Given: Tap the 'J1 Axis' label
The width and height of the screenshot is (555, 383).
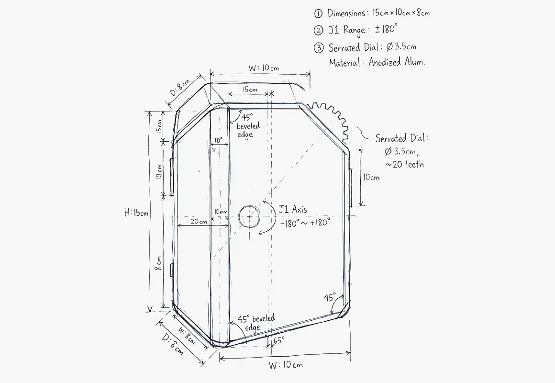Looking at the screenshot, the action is pos(292,209).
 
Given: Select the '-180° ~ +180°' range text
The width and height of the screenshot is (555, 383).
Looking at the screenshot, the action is pos(305,223).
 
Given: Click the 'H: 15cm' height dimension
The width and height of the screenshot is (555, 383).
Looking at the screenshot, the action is pos(136,213).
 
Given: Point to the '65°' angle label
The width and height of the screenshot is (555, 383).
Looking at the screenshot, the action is pos(278,340).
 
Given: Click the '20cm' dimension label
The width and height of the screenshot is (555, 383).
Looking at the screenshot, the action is pos(199,222).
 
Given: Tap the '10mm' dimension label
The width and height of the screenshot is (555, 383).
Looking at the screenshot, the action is pos(221,212).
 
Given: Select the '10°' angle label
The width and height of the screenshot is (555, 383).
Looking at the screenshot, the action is pos(218,140).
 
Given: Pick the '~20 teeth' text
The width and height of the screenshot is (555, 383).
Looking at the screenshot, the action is pos(404,164).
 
